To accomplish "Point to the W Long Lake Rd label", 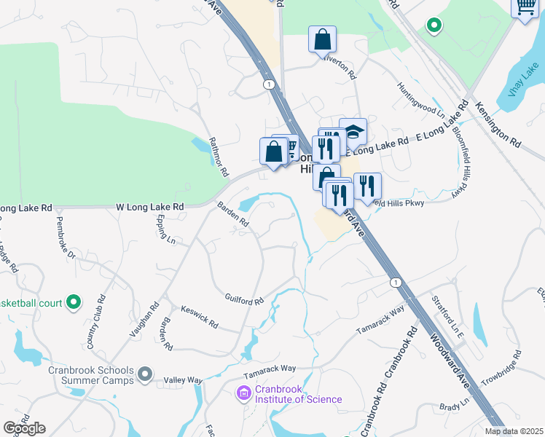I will [148, 208].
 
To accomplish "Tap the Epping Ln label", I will [165, 229].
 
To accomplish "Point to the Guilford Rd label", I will [244, 300].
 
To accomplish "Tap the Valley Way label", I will [183, 380].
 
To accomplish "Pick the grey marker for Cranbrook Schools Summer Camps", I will [146, 374].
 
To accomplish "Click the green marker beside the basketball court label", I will [73, 302].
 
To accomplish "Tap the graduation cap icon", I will [353, 132].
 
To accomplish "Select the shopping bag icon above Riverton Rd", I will [322, 39].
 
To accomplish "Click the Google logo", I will [25, 428].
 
